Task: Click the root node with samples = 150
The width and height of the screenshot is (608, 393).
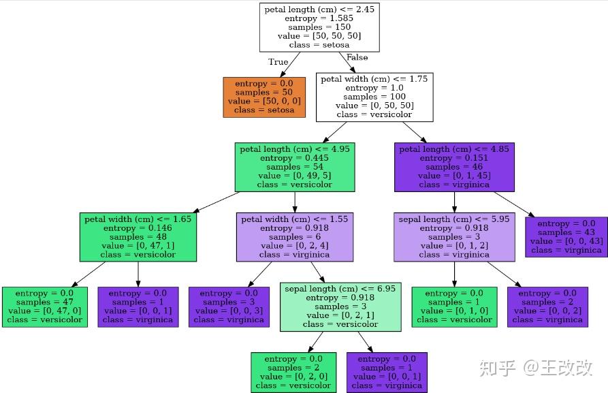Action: point(319,27)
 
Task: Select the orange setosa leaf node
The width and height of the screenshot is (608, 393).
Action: point(264,97)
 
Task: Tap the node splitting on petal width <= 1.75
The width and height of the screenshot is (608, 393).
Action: point(374,97)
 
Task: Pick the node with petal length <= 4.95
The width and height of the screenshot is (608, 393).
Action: point(294,167)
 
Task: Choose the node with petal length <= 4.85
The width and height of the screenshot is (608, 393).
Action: point(453,167)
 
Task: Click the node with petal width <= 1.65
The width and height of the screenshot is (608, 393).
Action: point(138,237)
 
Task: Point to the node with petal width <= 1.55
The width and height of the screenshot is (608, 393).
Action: point(294,237)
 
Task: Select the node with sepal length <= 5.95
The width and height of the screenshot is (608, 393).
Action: point(454,237)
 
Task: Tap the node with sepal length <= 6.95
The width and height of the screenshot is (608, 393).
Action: point(340,306)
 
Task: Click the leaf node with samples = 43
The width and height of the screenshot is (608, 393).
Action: point(566,237)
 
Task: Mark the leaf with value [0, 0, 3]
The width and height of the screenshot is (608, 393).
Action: point(229,306)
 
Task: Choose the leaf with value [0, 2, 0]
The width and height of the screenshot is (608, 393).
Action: point(293,372)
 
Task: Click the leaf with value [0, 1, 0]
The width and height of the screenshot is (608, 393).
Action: point(454,306)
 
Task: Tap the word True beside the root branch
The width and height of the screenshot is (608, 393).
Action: point(278,62)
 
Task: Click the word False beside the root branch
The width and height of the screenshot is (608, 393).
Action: point(357,58)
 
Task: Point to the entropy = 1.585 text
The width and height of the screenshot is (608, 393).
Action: point(319,18)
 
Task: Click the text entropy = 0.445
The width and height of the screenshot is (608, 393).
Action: point(294,158)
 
